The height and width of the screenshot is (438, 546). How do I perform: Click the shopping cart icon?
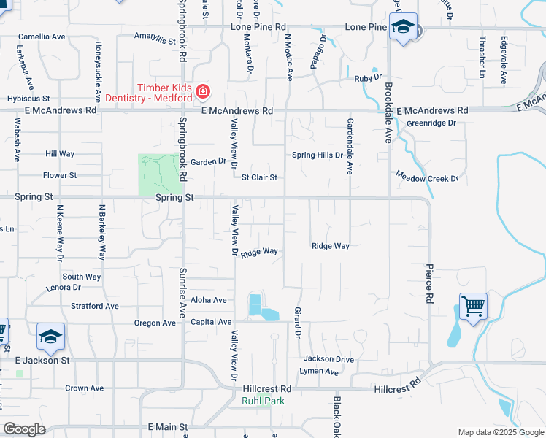tap(473, 305)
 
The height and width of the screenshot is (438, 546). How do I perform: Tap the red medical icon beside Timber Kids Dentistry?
tap(202, 91)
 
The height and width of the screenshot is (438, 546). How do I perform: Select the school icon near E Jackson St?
tap(50, 337)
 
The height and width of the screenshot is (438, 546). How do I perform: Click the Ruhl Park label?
tap(264, 401)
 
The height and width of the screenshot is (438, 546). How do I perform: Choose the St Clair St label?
tap(259, 177)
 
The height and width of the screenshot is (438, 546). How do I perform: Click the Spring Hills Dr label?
tap(317, 155)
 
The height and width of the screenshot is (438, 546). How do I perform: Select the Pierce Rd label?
tap(430, 284)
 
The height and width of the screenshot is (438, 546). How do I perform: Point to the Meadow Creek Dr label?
tap(427, 177)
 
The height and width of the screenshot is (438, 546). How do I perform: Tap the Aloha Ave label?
tap(208, 300)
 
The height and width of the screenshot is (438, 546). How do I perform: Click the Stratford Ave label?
tap(94, 306)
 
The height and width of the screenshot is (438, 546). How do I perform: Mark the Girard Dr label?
tap(297, 323)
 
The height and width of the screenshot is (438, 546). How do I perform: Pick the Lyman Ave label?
tap(319, 371)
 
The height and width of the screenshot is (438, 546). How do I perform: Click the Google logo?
tap(24, 429)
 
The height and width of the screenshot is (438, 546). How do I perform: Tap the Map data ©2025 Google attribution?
tap(500, 432)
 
